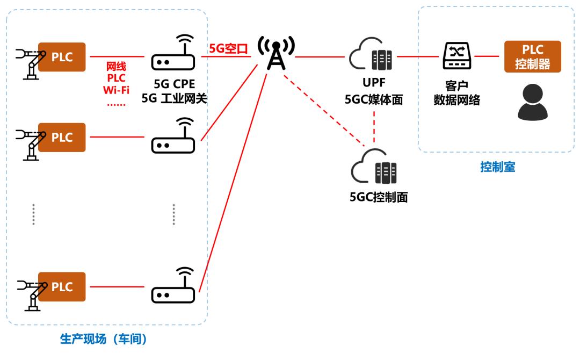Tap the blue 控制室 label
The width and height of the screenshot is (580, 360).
497,167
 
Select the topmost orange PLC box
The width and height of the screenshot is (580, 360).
62,56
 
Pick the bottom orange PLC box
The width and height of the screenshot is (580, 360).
62,286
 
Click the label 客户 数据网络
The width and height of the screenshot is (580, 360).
456,92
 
